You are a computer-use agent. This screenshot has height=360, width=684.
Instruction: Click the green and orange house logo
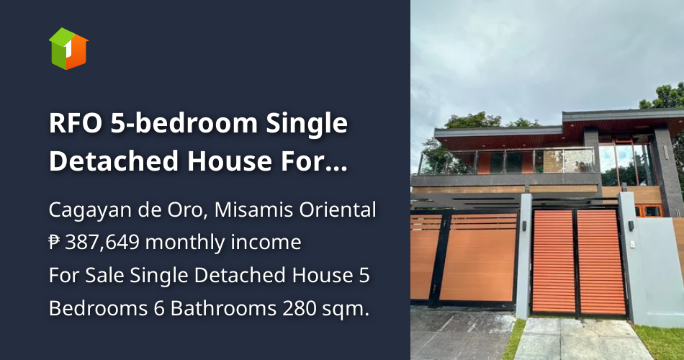click(x=68, y=48)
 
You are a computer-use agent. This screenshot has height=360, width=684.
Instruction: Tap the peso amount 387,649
click(x=102, y=243)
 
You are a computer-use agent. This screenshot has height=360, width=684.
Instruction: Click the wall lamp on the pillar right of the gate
click(x=630, y=226)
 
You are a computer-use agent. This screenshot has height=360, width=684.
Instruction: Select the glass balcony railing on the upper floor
click(x=504, y=161)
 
